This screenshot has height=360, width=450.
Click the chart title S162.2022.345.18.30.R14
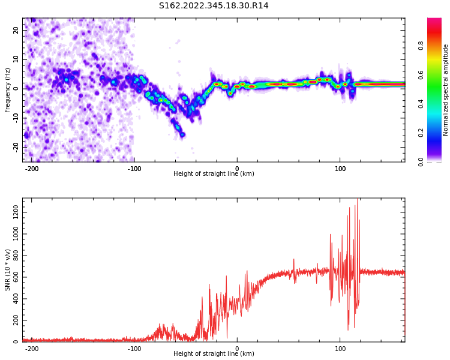tap(214, 6)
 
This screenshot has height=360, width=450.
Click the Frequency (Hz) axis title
tap(8, 90)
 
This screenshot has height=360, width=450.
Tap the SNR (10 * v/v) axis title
tap(8, 270)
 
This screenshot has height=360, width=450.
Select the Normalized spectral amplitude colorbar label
tap(446, 90)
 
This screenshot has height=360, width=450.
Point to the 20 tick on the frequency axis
tap(16, 30)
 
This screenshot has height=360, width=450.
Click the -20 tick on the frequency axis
tap(16, 146)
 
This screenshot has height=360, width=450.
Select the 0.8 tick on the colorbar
tap(438, 44)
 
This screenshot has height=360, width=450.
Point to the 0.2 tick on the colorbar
tap(438, 133)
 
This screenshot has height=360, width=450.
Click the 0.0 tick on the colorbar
tap(438, 161)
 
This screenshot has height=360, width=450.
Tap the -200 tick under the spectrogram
tap(32, 168)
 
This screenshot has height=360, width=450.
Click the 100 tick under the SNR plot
tap(340, 349)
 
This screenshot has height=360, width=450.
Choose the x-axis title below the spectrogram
tap(214, 174)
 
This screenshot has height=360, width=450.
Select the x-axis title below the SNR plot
tap(214, 354)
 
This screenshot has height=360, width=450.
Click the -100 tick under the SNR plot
tap(134, 349)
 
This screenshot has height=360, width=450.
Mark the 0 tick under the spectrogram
tap(237, 168)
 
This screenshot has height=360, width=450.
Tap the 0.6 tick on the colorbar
tap(438, 74)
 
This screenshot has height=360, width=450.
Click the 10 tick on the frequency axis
tap(16, 59)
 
